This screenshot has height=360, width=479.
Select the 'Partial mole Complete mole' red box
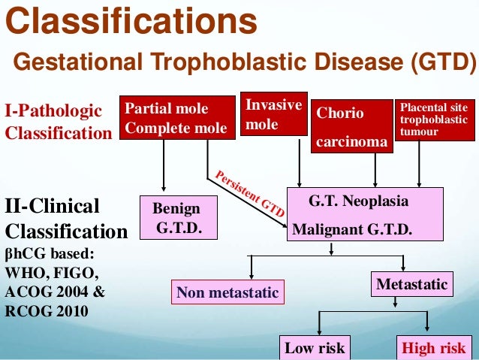[x=176, y=119]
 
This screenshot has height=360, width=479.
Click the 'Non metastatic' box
[x=227, y=292]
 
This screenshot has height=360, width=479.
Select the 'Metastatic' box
[x=412, y=285]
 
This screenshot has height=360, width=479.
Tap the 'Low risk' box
[x=315, y=347]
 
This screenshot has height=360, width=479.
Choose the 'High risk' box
[x=433, y=347]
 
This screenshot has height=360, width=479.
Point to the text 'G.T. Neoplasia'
[x=359, y=202]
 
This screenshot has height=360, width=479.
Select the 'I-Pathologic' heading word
[x=53, y=112]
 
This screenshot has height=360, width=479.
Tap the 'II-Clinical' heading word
[x=53, y=207]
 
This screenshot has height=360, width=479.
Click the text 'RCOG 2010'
[x=46, y=308]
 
